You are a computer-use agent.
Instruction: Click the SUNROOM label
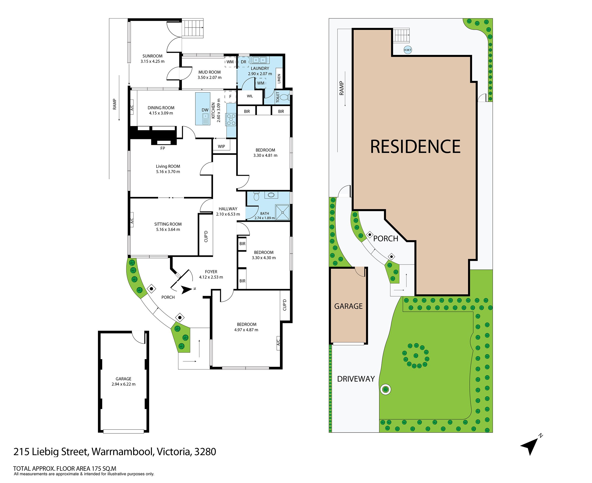(152, 56)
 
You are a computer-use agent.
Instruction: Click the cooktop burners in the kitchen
(231, 119)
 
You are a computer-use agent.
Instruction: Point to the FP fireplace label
(162, 148)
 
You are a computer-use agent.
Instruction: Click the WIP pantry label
(221, 146)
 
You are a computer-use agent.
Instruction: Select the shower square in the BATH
(283, 212)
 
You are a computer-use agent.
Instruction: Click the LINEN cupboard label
(279, 79)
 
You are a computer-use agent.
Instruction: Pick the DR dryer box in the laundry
(244, 62)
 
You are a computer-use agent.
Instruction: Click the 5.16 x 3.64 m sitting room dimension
(168, 229)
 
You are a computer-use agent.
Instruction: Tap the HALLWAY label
(228, 209)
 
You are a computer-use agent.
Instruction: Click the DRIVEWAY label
(356, 379)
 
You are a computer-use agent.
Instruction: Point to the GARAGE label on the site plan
(348, 306)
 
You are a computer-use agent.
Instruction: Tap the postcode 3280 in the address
(205, 451)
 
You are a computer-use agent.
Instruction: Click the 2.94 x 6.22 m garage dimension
(123, 384)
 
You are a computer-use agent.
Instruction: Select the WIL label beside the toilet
(250, 96)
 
